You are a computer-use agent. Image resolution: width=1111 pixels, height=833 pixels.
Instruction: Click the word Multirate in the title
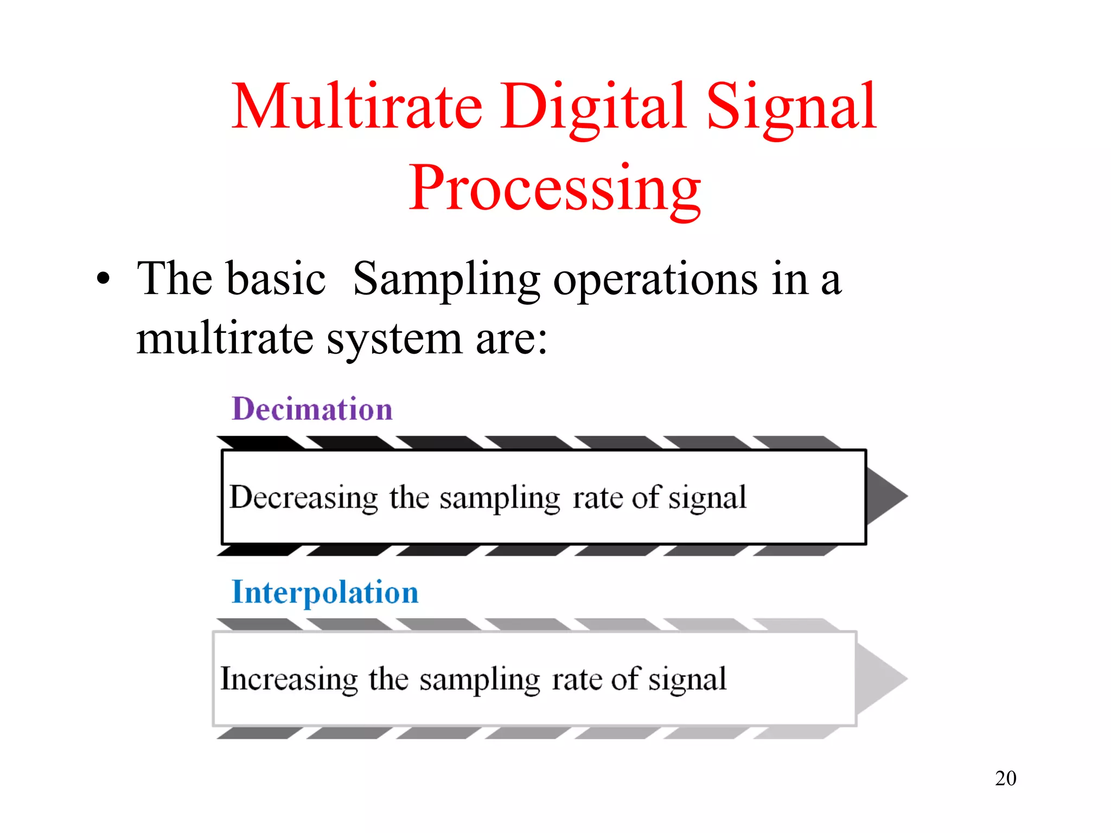(357, 106)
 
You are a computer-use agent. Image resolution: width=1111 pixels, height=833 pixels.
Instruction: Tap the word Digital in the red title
(592, 106)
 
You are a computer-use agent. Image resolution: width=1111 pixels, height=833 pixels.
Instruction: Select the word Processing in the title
(554, 189)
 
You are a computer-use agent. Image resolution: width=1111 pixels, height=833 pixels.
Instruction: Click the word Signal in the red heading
(791, 106)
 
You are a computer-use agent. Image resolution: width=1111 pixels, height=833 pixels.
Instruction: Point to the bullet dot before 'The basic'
(103, 280)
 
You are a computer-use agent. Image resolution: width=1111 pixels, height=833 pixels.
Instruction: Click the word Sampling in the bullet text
(446, 280)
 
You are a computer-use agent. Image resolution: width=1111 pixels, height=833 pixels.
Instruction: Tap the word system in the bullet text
(394, 339)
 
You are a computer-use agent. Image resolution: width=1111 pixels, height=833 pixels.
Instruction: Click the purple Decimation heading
(312, 409)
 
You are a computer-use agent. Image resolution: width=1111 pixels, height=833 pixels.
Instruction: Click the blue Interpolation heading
(325, 592)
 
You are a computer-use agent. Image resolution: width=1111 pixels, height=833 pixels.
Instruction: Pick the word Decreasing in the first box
(303, 497)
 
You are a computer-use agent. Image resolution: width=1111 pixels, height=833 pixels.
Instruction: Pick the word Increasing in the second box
(289, 679)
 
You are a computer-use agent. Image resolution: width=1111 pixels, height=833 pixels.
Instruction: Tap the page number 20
(1005, 778)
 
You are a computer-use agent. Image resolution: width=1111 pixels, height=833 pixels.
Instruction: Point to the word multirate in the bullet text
(225, 338)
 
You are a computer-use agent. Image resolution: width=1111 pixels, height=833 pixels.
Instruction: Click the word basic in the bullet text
(276, 279)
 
